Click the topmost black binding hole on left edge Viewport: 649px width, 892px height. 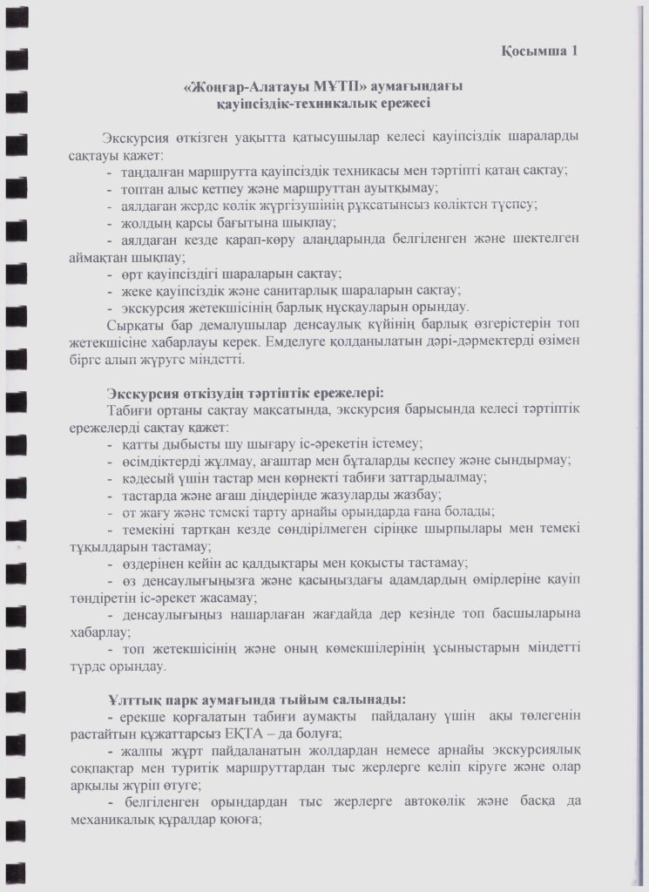(x=15, y=14)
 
